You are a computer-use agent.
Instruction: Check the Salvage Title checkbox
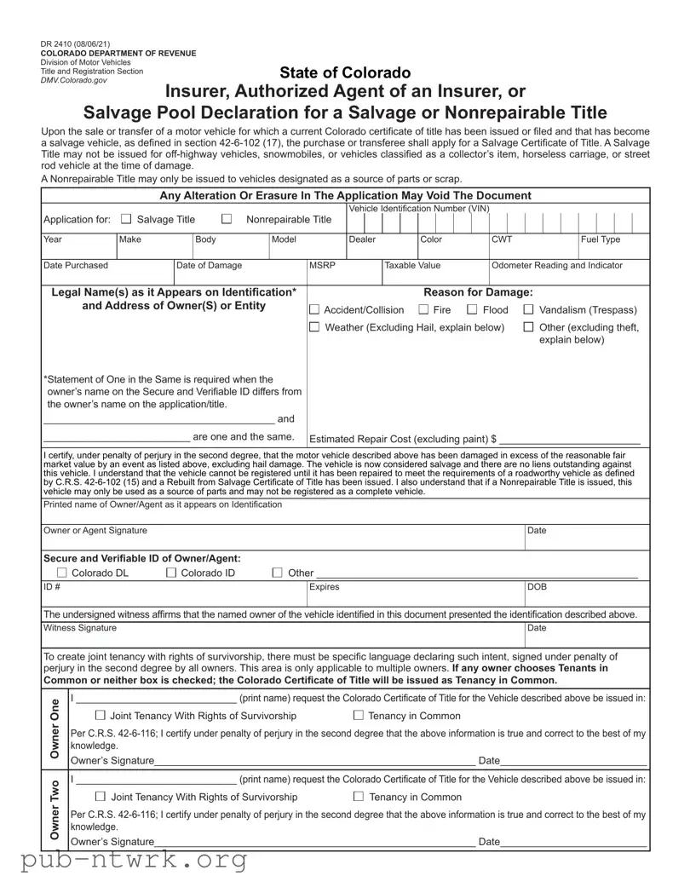click(127, 219)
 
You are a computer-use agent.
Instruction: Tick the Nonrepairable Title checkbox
click(227, 219)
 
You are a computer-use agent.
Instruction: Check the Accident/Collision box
click(314, 310)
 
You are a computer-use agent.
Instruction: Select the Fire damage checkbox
click(423, 310)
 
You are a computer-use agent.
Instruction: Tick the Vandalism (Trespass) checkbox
click(529, 310)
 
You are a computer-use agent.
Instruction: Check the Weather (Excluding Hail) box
click(314, 327)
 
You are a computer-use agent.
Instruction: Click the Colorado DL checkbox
click(61, 573)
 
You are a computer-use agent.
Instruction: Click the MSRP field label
click(321, 266)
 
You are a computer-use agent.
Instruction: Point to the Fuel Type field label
click(601, 239)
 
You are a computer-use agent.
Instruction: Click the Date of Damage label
click(210, 266)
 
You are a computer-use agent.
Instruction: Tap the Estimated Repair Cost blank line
click(569, 440)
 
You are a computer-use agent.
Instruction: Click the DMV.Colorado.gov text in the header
click(74, 79)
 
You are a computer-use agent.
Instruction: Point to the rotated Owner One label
click(55, 729)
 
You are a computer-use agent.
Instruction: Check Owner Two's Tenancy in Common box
click(359, 797)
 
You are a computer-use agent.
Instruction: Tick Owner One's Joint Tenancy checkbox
click(101, 716)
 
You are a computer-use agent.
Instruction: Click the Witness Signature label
click(80, 628)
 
